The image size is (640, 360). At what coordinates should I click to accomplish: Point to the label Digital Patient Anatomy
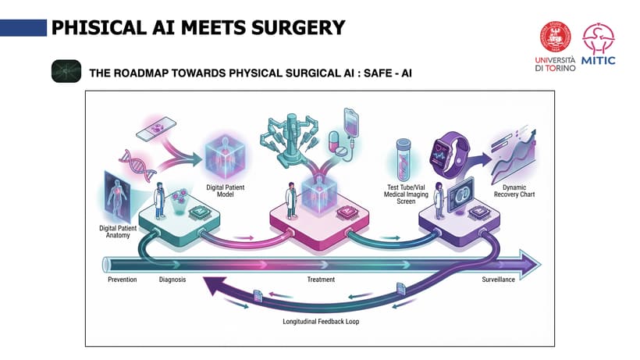coord(119,230)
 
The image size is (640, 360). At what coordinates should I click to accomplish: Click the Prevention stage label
coord(122,280)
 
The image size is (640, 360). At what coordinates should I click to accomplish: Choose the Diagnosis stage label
coord(172,280)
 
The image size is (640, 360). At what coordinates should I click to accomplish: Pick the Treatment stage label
coord(321,280)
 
